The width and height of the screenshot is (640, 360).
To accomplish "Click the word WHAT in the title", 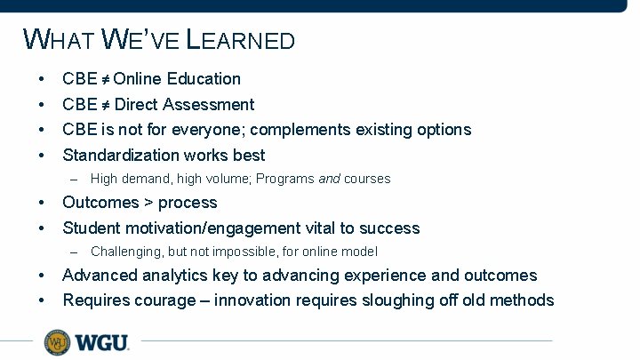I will [x=59, y=40].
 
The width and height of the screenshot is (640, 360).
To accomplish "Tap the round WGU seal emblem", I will [x=57, y=341].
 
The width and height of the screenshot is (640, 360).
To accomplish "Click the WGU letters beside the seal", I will [x=101, y=341].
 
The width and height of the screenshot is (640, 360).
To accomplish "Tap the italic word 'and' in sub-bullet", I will [x=329, y=179].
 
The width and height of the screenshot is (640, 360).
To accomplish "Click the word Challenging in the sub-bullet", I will [x=124, y=252].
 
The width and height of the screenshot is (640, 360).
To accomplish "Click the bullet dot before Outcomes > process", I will [x=42, y=203].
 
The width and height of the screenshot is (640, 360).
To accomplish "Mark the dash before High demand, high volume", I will [x=74, y=179].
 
